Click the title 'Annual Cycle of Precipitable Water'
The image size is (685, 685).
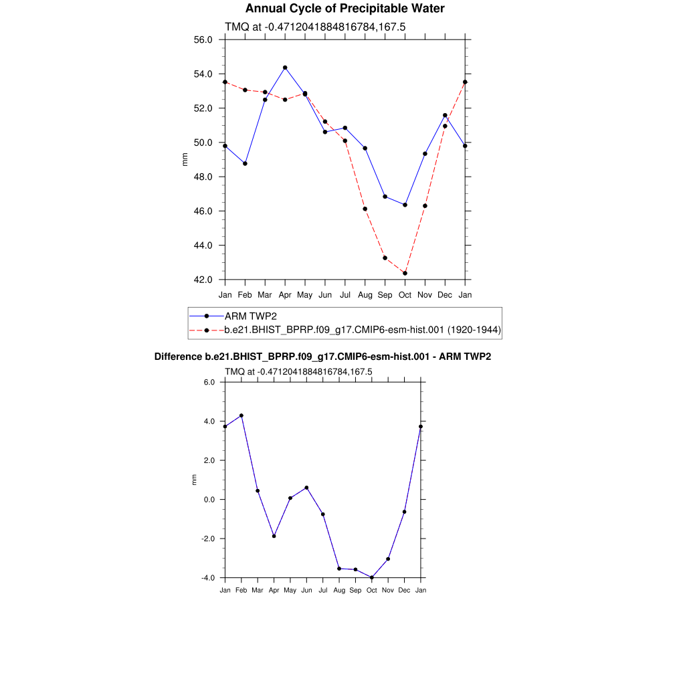[x=345, y=9]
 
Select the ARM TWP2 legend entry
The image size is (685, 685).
[x=250, y=316]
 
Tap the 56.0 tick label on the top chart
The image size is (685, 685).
[x=203, y=39]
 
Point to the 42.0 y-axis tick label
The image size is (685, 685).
[x=203, y=280]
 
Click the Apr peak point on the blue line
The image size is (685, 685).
[x=285, y=68]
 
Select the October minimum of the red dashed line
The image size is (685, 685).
[x=405, y=273]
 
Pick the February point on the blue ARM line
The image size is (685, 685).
[x=245, y=163]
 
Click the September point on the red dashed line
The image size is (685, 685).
[x=385, y=258]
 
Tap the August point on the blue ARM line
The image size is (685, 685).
[x=365, y=148]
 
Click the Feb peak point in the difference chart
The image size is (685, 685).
[x=241, y=415]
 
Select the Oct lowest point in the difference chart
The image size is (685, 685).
[x=372, y=578]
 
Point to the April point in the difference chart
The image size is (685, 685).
[x=274, y=536]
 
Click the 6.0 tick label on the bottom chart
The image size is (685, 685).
[x=209, y=382]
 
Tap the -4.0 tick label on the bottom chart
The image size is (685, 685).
[x=207, y=578]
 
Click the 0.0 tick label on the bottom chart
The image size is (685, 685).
[x=209, y=500]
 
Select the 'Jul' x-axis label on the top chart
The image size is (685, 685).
[x=345, y=295]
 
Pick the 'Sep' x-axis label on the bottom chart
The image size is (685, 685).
[x=355, y=590]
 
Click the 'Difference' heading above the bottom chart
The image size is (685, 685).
[x=178, y=357]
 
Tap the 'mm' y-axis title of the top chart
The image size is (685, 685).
[x=185, y=159]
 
